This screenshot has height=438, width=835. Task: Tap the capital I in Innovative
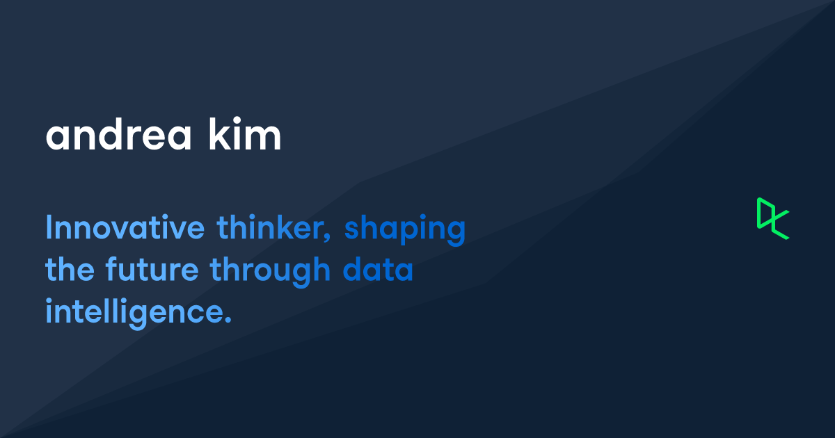point(49,229)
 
